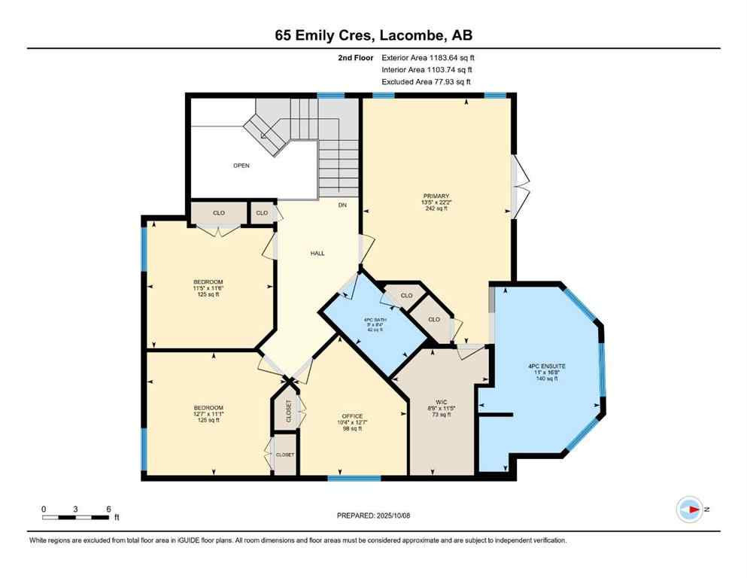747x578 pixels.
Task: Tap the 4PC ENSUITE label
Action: point(546,366)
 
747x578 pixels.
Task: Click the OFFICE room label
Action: point(352,416)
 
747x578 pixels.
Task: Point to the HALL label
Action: point(317,254)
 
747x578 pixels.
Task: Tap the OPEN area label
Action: point(241,166)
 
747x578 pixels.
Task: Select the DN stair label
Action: point(342,205)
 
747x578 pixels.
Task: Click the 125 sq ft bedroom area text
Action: point(208,294)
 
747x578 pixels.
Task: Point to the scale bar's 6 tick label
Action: point(109,509)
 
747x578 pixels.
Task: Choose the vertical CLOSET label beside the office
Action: point(288,411)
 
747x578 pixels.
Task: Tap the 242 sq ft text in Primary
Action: point(435,208)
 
